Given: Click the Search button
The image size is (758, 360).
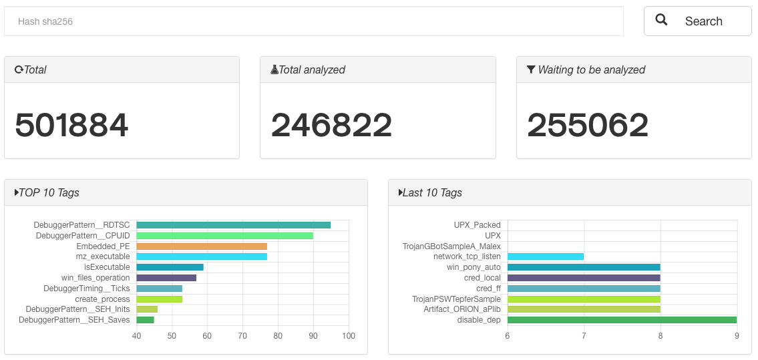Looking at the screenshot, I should [697, 21].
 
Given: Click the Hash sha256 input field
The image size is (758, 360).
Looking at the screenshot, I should [313, 21].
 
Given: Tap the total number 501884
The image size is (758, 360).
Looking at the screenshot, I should [71, 125].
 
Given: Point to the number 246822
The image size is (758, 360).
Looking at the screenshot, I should [331, 125].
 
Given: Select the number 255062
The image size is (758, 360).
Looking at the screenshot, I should [588, 125].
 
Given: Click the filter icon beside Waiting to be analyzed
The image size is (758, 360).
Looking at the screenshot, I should [531, 69].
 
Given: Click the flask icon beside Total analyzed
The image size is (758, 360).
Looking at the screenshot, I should [274, 69].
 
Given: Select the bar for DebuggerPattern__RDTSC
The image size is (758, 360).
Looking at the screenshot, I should [233, 225].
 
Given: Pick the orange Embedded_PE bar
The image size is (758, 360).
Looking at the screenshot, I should [202, 246].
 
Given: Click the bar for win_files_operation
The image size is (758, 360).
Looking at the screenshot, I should [166, 278].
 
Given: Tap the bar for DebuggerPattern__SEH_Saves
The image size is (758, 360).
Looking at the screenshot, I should [145, 320].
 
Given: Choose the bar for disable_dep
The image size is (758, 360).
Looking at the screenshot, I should [622, 320].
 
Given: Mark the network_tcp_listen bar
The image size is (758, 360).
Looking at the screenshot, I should [546, 256].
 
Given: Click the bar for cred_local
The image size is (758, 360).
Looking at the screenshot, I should [584, 278].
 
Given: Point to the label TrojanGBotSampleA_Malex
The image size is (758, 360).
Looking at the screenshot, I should [451, 246].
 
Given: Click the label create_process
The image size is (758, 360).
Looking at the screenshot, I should [102, 299].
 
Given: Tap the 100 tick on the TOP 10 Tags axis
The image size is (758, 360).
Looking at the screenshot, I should [349, 335].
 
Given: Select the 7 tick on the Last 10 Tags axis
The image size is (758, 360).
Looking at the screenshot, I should [584, 335].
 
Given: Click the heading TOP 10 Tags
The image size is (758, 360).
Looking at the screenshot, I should [49, 192].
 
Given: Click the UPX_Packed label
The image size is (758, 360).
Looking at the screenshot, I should [477, 225].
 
